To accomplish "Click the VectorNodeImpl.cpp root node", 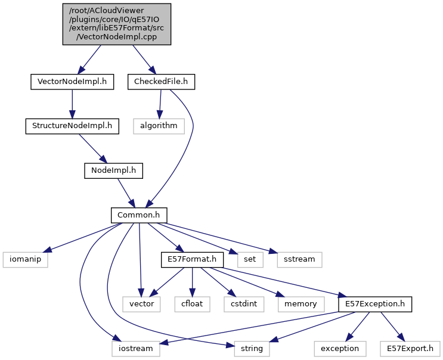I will pos(117,24).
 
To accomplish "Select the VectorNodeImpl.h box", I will pos(72,82).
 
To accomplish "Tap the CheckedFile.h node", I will pos(161,82).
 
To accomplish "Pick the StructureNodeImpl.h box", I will pos(72,126).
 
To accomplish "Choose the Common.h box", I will pos(138,215).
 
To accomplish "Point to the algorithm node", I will pos(159,126).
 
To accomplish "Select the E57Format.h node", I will pos(191,259).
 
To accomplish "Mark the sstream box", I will pos(299,259).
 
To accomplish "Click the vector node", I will pos(141,303).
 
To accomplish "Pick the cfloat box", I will pos(191,303).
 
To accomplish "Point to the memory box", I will pos(301,303).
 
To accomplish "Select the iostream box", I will pos(136,348).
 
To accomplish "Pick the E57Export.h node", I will pos(410,348).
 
